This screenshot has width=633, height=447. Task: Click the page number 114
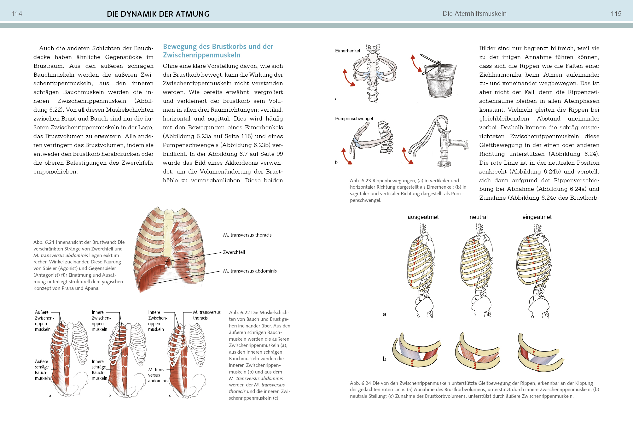17,14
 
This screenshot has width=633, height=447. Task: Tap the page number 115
616,14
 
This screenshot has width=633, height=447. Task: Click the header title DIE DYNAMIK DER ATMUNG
158,14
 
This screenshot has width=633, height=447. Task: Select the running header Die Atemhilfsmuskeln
474,14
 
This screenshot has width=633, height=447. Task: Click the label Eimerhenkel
347,51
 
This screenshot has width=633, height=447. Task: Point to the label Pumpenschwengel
354,119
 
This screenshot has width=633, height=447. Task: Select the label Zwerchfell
234,252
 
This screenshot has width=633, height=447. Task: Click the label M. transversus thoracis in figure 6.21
247,235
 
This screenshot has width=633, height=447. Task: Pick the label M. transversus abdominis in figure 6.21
250,271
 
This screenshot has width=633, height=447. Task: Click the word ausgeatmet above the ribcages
423,217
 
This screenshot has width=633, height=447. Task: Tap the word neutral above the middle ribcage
478,217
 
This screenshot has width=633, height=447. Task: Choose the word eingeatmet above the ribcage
537,217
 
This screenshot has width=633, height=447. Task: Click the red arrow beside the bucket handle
416,63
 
